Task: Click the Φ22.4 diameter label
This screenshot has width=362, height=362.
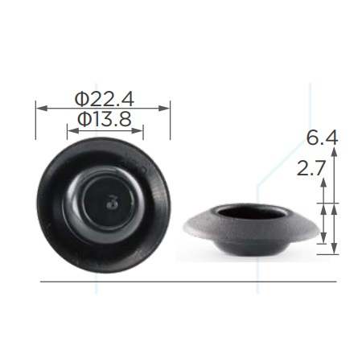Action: [x=105, y=99]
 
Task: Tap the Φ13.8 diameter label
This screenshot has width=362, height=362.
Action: [x=105, y=120]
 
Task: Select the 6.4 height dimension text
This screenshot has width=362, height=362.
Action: [x=323, y=138]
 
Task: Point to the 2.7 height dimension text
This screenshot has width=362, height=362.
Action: [x=311, y=169]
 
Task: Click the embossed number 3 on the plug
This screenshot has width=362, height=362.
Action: [x=113, y=203]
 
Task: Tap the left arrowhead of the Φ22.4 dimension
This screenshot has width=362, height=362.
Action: [x=42, y=109]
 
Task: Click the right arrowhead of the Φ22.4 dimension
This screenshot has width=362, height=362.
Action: [x=164, y=109]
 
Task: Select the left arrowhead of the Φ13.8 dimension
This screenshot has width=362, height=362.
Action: [x=73, y=130]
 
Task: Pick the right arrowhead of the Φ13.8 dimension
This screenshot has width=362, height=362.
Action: [x=137, y=130]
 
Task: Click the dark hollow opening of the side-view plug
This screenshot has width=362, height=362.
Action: [x=252, y=212]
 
